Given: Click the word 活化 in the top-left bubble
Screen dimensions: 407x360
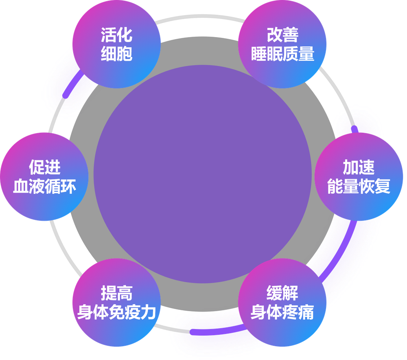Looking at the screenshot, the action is click(116, 35).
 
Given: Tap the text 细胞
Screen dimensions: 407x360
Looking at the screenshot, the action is click(116, 54).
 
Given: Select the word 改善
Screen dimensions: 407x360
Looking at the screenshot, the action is click(283, 35).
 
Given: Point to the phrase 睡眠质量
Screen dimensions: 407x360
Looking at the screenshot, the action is click(283, 54).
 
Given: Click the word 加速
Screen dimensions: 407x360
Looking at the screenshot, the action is click(359, 167).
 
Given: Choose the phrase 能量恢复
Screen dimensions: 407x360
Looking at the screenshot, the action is click(359, 186).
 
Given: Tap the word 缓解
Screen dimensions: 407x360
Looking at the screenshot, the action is click(282, 293).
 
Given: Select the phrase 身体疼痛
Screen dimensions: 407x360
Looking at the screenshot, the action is click(282, 312).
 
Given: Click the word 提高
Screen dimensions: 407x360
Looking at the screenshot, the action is click(116, 293).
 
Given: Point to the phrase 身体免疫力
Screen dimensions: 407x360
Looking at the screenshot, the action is click(116, 312).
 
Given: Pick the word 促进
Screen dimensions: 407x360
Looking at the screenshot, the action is click(45, 167).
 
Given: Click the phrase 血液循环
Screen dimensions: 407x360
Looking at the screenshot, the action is click(45, 186).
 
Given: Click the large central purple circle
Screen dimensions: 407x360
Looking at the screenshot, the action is click(202, 174).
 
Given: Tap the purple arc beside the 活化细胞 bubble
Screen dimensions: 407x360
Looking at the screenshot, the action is click(73, 83).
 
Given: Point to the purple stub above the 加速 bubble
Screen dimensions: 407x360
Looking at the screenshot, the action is click(355, 130).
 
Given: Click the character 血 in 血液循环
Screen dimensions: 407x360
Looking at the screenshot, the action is click(21, 186).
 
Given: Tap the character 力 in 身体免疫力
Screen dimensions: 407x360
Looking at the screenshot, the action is click(149, 312).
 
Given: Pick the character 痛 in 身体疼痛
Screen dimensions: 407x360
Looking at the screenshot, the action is click(306, 312).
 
